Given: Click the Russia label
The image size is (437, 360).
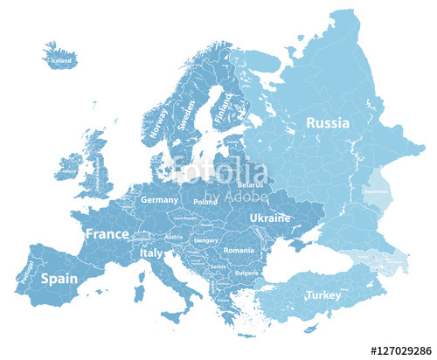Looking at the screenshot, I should click(x=327, y=123).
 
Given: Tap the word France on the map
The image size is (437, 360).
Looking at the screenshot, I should click(x=107, y=234).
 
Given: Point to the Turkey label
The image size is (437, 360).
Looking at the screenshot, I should click(x=323, y=295).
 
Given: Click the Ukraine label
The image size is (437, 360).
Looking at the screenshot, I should click(x=269, y=217).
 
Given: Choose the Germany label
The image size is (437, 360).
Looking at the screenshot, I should click(x=159, y=200).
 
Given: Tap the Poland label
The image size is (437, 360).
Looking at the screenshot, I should click(x=205, y=201).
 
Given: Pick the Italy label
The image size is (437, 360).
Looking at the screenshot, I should click(x=151, y=253).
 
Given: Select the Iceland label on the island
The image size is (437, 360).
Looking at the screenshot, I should click(x=61, y=61).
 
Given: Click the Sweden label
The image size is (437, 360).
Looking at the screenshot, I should click(x=186, y=114).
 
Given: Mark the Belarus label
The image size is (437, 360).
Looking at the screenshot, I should click(x=250, y=185).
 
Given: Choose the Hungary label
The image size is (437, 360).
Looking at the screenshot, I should click(x=205, y=239).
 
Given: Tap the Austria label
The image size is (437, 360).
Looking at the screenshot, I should click(x=174, y=236).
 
